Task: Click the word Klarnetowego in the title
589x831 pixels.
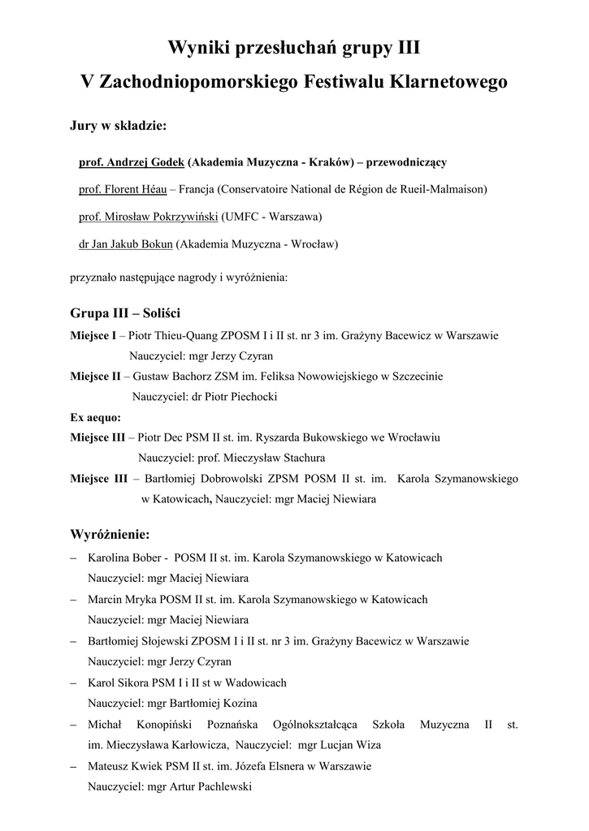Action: pyautogui.click(x=446, y=83)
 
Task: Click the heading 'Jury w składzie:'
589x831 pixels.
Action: pyautogui.click(x=118, y=127)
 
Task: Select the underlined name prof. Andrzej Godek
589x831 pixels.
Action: pyautogui.click(x=131, y=162)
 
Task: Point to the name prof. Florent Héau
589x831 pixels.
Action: pyautogui.click(x=122, y=190)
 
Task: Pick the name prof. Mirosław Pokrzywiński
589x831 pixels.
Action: pyautogui.click(x=148, y=217)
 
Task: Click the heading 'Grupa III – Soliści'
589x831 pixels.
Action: pyautogui.click(x=125, y=313)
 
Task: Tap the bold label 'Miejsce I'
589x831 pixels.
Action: pyautogui.click(x=93, y=335)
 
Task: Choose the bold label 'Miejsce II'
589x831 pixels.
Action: pyautogui.click(x=95, y=377)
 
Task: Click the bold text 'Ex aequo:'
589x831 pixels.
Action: pyautogui.click(x=95, y=417)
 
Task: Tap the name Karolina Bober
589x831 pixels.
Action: pyautogui.click(x=124, y=558)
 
